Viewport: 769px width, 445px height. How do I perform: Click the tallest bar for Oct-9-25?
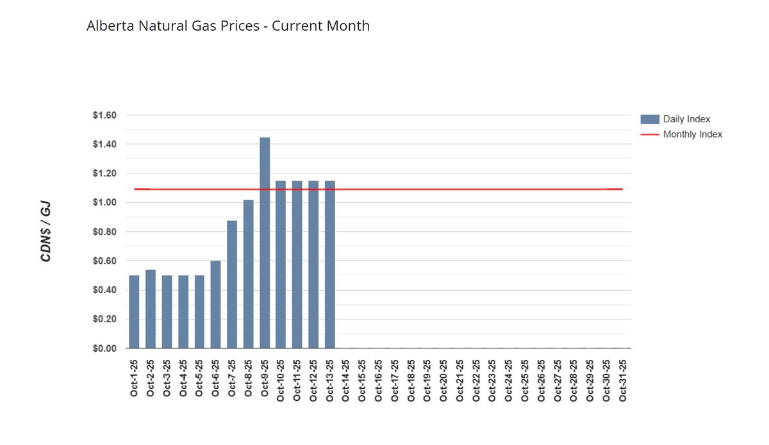265,243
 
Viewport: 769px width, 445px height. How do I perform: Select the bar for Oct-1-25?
134,312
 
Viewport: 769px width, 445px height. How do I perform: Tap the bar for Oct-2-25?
151,309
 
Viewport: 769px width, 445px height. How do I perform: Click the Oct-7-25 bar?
232,284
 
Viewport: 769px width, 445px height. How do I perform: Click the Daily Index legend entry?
686,119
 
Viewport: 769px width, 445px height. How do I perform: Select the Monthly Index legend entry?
692,134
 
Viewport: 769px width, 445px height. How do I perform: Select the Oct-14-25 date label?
346,380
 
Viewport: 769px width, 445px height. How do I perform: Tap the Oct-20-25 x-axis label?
443,380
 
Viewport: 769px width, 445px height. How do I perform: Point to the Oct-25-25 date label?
525,380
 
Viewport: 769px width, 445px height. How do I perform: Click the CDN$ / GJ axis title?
46,232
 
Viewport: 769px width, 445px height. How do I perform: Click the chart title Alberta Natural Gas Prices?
228,26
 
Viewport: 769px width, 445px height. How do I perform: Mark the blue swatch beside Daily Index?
649,119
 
